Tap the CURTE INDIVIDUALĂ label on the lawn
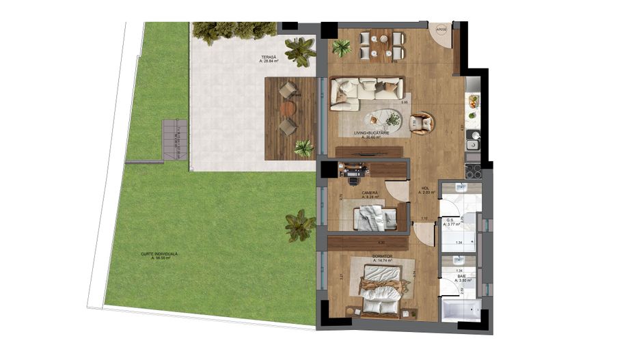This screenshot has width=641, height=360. (x=159, y=255)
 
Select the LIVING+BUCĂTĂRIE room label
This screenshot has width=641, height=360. (x=371, y=133)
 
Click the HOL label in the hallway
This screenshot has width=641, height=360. (x=425, y=189)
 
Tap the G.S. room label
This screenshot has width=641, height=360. (x=451, y=220)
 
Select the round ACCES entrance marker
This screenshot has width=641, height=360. (x=442, y=30)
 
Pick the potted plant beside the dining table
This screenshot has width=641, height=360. (x=342, y=48)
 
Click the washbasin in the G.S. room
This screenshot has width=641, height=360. (x=461, y=189)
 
